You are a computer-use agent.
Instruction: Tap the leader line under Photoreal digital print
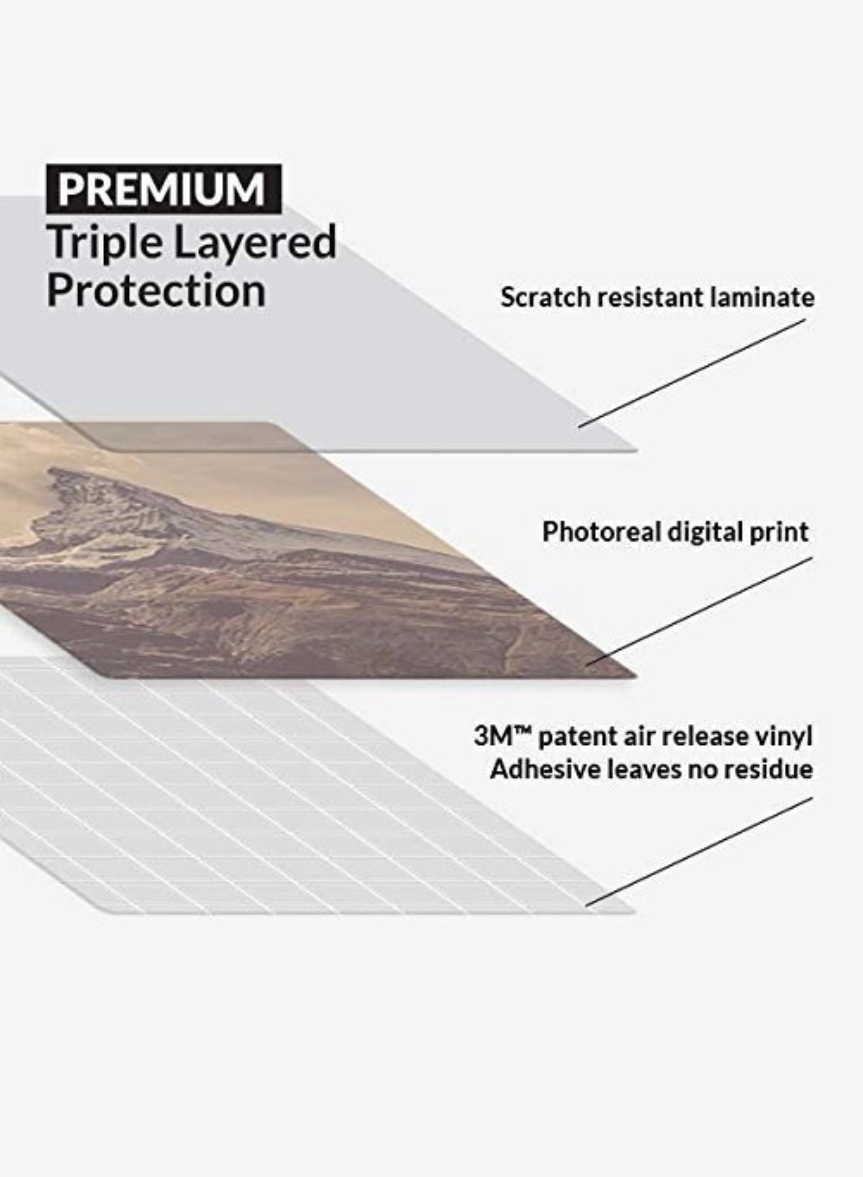(699, 611)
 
